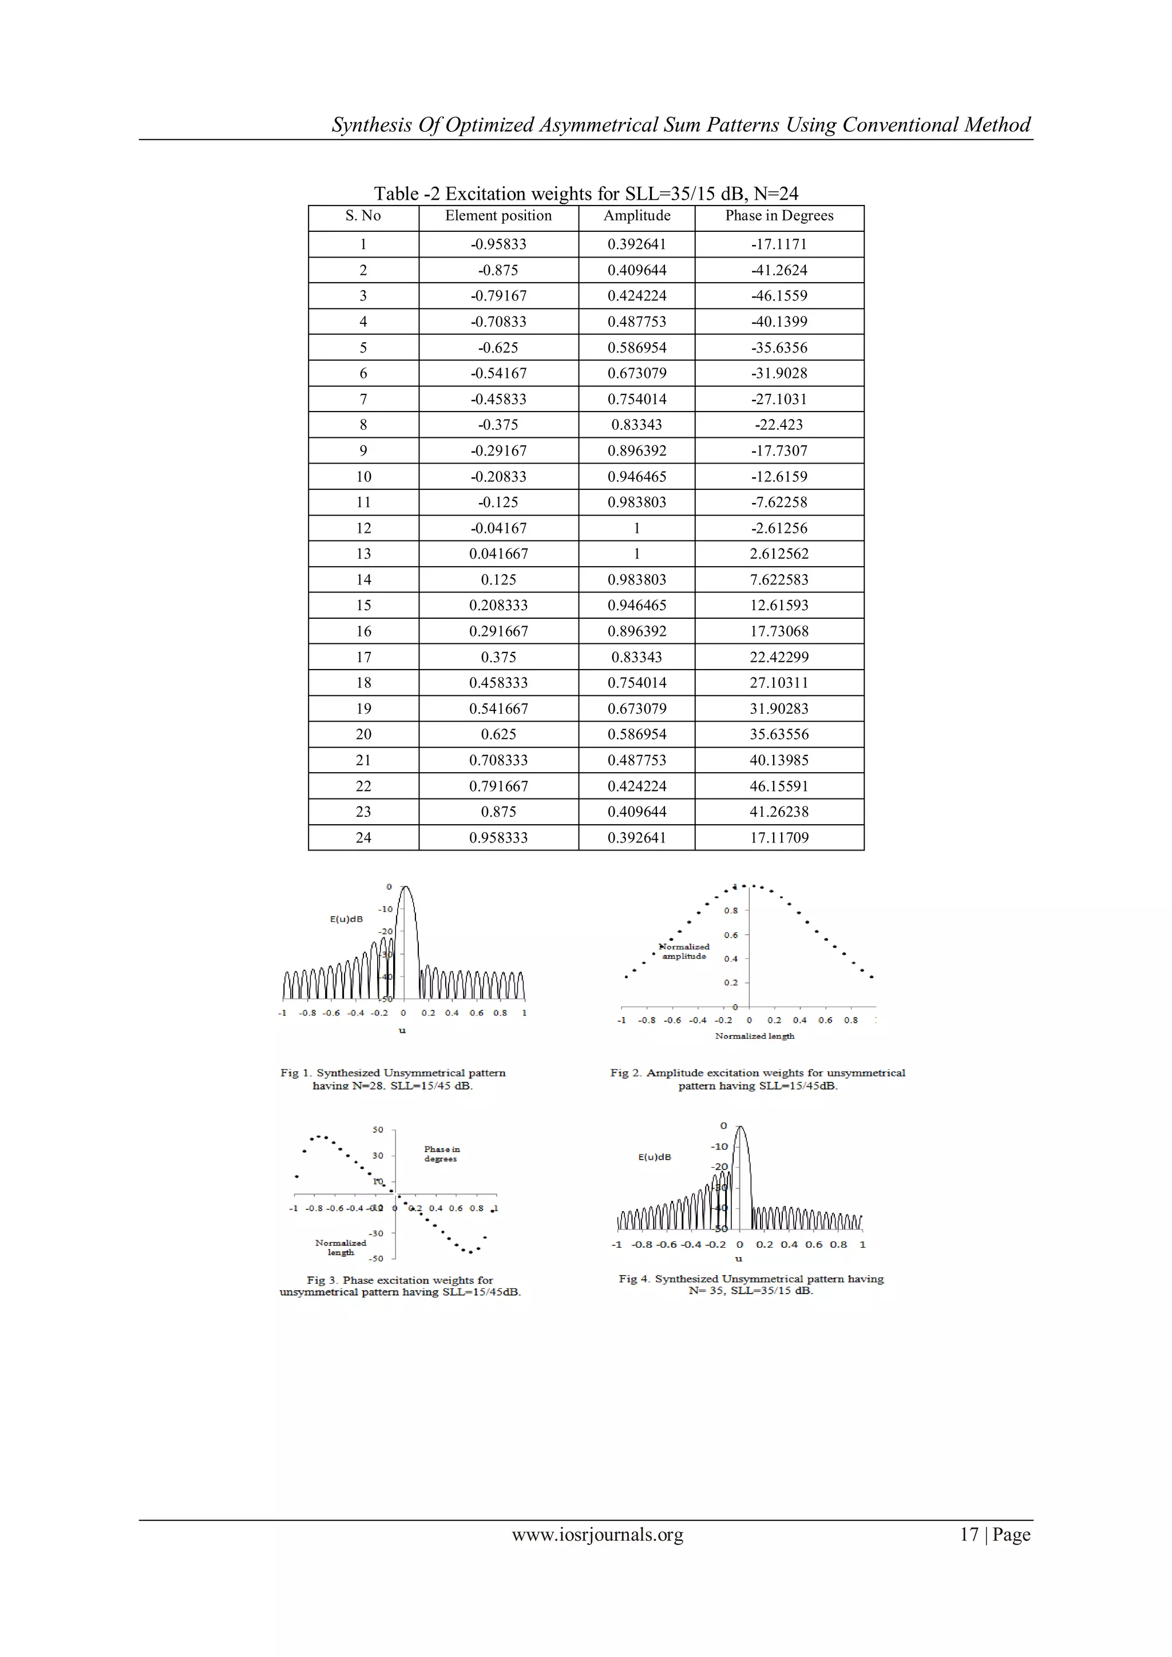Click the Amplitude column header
point(636,216)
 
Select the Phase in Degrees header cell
point(779,216)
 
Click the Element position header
point(498,216)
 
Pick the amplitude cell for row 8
point(636,425)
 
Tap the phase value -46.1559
point(779,296)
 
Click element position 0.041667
point(498,554)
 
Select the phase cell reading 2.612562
point(779,554)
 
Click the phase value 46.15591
point(779,786)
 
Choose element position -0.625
point(498,348)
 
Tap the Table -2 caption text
point(585,193)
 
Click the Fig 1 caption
point(393,1079)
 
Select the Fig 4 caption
point(751,1284)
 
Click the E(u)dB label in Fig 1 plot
point(346,919)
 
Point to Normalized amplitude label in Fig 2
point(684,951)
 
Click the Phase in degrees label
point(441,1154)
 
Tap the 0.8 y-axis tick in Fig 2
point(731,911)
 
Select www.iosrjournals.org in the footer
point(597,1535)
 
